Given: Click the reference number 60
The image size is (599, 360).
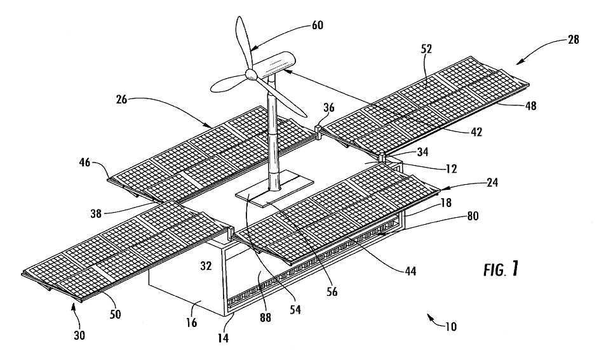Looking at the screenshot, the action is point(318,25).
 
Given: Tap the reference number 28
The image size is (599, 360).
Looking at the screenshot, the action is point(573,39).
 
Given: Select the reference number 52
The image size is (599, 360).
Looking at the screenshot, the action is point(426,49).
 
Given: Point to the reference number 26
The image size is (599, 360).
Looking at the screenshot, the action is point(122,100).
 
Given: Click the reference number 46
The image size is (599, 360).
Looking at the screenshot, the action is point(84,163).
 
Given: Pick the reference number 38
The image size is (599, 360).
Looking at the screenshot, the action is point(96,213).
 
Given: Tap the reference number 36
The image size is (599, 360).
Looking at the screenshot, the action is point(328,108).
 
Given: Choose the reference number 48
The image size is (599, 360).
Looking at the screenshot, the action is point(530,105).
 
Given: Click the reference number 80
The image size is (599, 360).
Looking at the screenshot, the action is point(472,217).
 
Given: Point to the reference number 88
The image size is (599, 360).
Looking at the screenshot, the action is point(265,317).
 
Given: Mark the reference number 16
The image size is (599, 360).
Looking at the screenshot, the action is point(191,323).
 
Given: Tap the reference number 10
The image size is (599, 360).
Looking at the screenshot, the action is point(451,327).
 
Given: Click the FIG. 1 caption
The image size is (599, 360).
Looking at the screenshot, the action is point(501,269).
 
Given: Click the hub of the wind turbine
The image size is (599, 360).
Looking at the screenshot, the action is point(250,74).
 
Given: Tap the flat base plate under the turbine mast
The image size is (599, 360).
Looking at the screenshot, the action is point(274,193).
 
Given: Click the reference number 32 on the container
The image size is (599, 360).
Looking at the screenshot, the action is point(206,265).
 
